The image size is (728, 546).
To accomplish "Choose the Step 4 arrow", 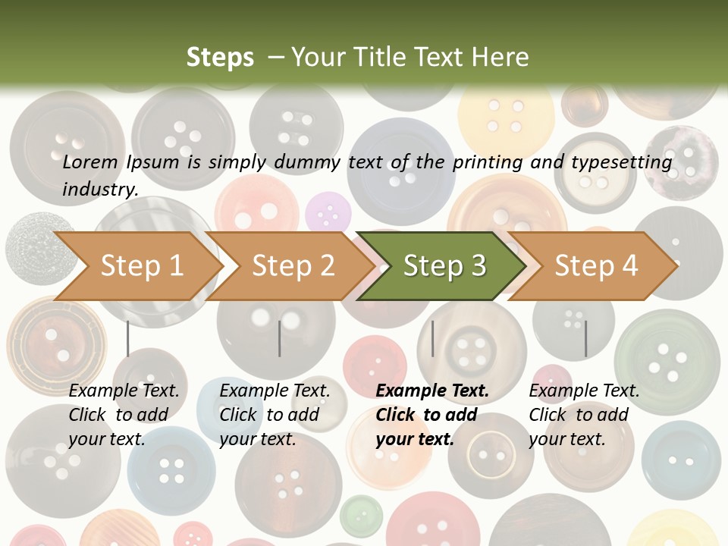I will [596, 265].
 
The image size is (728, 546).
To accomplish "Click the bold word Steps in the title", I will [220, 57].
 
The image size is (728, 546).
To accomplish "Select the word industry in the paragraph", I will [100, 190].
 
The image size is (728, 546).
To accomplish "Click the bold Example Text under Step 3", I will [432, 391].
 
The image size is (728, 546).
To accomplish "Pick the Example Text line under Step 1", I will [124, 391].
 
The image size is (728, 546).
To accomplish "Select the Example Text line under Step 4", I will [584, 391].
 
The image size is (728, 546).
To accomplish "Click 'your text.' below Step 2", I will [257, 439].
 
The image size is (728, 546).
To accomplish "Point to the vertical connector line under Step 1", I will [127, 338].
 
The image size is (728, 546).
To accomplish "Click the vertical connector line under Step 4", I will [585, 338].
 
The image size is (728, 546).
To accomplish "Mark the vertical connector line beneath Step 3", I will [432, 338].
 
